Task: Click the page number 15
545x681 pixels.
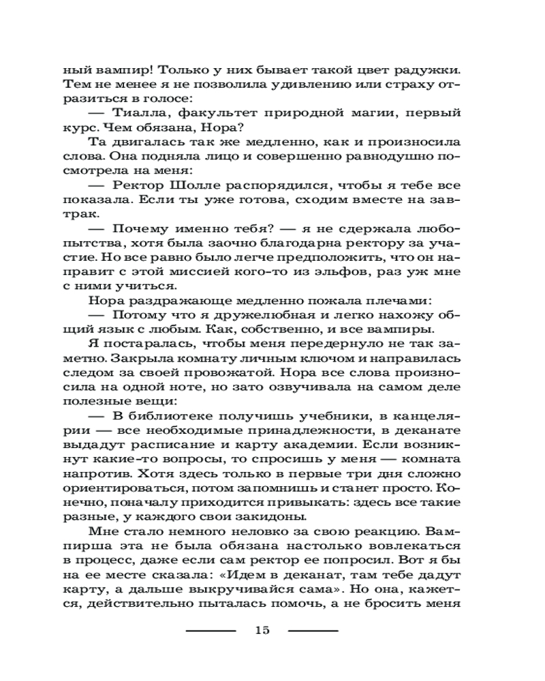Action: [262, 630]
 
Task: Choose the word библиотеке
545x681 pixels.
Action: [178, 415]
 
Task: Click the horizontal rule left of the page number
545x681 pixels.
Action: [211, 631]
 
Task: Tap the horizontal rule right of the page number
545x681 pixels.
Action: [313, 631]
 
